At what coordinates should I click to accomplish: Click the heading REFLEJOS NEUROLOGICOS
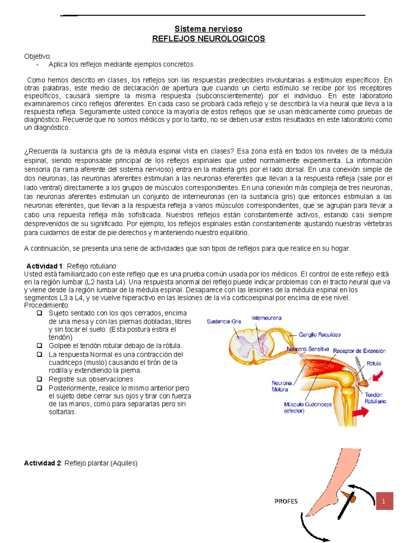(x=208, y=38)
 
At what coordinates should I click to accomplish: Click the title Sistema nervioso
(x=208, y=29)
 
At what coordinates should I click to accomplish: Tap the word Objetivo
(x=37, y=56)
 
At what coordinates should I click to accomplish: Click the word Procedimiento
(x=46, y=305)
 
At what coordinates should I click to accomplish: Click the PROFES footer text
(x=286, y=501)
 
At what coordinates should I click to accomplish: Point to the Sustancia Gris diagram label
(x=224, y=321)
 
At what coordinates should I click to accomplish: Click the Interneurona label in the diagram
(x=266, y=318)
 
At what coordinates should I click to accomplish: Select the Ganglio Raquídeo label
(x=319, y=335)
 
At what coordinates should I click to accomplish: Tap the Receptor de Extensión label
(x=359, y=351)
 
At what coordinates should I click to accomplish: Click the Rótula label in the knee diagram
(x=374, y=363)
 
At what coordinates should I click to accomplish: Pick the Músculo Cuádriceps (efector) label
(x=308, y=407)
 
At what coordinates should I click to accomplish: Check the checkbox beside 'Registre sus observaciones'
(x=39, y=379)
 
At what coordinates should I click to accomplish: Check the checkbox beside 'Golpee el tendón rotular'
(x=39, y=345)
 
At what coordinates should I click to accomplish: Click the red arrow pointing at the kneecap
(x=377, y=377)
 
